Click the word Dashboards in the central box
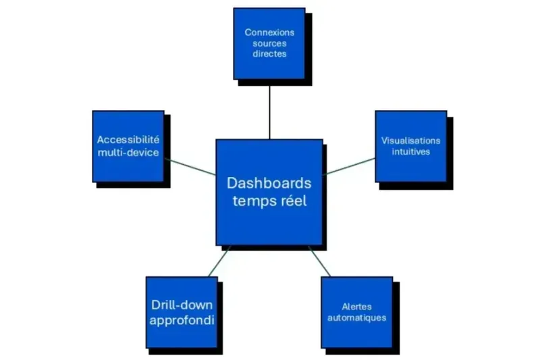point(269,184)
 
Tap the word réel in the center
point(291,201)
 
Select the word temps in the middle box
point(253,201)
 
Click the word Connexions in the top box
point(269,32)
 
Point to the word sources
point(269,43)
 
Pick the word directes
point(269,54)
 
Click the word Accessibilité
point(128,140)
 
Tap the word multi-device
point(128,153)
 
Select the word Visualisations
point(410,140)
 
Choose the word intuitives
point(410,151)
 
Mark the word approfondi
point(182,319)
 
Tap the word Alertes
point(356,306)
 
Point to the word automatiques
point(356,317)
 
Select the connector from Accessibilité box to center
point(190,166)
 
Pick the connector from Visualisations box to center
point(349,166)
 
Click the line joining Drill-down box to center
point(219,261)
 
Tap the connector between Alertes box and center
point(320,261)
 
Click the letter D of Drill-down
point(156,305)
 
